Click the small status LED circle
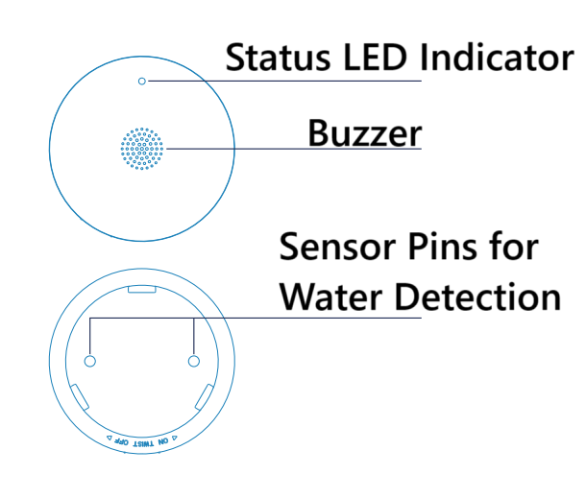142,82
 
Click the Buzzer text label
364,133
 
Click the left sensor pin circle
91,361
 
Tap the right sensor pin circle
194,361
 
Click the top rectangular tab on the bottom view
142,287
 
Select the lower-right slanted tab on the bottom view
205,395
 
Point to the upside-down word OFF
121,440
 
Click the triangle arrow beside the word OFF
109,437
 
